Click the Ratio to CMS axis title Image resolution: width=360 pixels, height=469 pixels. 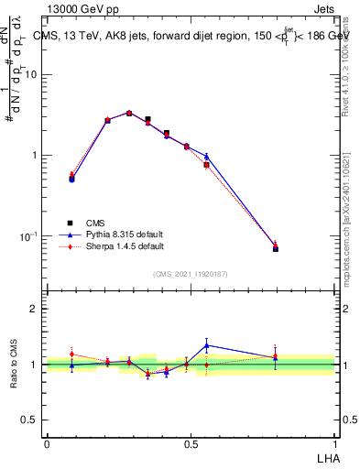[15, 365]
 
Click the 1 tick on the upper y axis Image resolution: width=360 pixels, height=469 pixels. [38, 155]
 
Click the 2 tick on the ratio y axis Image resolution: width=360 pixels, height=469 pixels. [38, 309]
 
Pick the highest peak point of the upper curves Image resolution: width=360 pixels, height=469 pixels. [129, 113]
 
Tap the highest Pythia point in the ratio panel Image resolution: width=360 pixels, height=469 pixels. [207, 345]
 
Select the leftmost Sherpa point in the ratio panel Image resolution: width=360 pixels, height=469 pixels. [71, 354]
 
